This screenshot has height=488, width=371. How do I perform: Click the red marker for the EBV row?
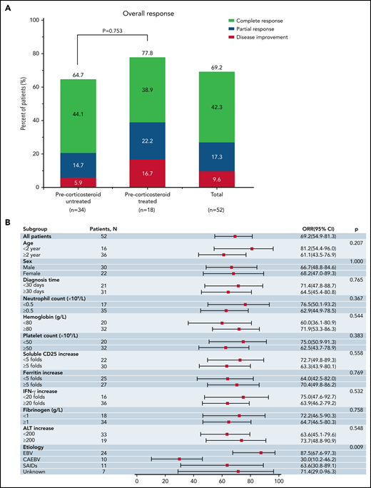coord(261,452)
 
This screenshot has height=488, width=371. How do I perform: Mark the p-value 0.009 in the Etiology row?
coord(355,445)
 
